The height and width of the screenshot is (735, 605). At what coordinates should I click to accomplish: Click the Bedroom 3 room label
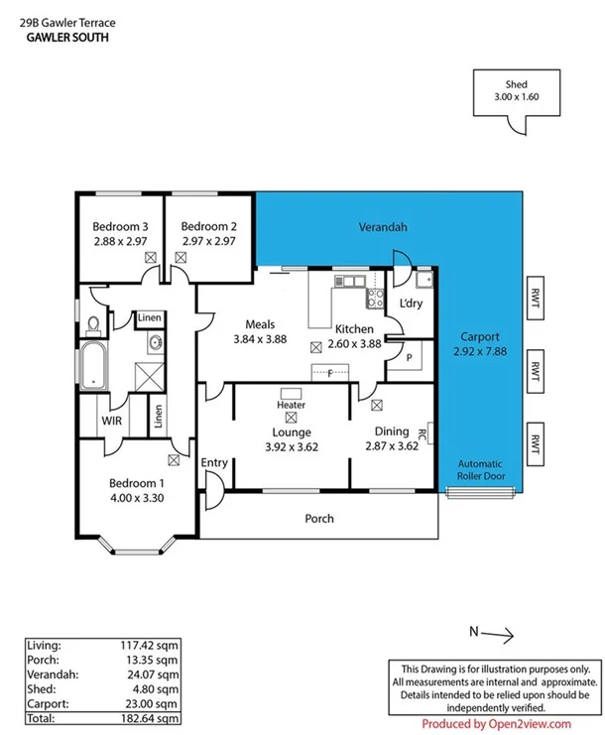(120, 225)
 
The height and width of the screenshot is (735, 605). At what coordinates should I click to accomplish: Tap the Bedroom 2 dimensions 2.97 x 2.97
(208, 240)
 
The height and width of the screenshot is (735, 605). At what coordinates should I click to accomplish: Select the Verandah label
(383, 228)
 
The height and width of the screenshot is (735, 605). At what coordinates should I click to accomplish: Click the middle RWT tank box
(536, 373)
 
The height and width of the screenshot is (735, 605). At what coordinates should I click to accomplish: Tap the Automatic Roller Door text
(481, 469)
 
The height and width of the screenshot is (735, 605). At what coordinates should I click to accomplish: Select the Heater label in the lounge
(291, 406)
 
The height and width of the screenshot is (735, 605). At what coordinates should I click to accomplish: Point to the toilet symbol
(92, 323)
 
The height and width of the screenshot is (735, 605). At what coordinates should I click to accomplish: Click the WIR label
(111, 421)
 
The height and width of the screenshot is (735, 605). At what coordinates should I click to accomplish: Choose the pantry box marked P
(408, 358)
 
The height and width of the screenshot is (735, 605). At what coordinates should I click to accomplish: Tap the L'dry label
(411, 305)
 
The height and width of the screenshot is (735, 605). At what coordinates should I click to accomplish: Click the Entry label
(214, 463)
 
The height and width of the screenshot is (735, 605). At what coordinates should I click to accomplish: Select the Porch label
(319, 519)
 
